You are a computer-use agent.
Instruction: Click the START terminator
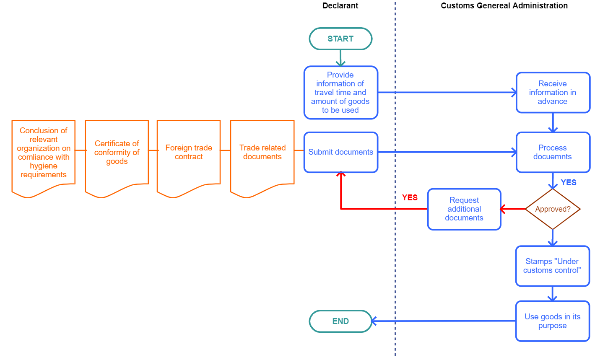pos(340,39)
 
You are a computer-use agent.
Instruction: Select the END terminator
pos(340,321)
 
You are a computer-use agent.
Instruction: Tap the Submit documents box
pos(340,152)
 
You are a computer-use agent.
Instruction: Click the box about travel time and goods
pos(340,93)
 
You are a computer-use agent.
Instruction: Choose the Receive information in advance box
pos(553,93)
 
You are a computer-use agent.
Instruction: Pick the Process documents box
pos(553,152)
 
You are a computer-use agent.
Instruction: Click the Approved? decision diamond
pos(553,209)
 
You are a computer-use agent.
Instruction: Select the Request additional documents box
pos(464,209)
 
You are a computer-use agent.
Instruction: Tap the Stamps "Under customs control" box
pos(553,266)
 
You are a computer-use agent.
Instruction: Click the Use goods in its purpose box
pos(553,321)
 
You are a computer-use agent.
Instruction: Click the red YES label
pos(410,197)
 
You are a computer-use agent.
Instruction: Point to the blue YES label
pos(569,182)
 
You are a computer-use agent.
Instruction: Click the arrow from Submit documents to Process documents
pos(447,152)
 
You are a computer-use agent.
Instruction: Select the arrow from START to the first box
pos(340,58)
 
